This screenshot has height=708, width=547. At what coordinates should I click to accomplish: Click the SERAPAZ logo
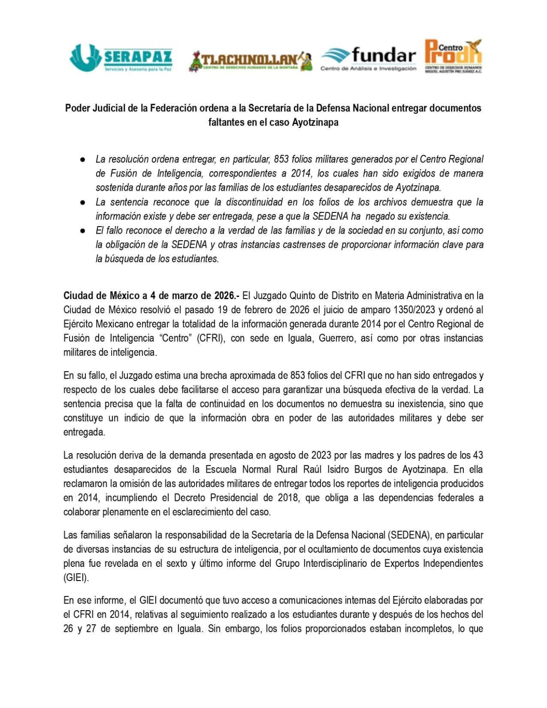click(x=120, y=58)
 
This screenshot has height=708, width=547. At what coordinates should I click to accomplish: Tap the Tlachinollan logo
click(x=250, y=61)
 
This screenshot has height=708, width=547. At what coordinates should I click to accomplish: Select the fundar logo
click(x=368, y=58)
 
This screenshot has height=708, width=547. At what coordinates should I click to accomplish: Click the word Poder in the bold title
click(x=77, y=108)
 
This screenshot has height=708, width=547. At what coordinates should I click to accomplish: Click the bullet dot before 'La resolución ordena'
click(x=83, y=159)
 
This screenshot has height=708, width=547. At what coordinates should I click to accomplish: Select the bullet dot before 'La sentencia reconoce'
click(x=83, y=202)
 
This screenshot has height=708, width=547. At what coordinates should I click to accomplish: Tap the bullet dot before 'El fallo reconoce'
click(x=83, y=231)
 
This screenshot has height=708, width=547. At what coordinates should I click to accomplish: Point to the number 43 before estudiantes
click(x=478, y=455)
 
